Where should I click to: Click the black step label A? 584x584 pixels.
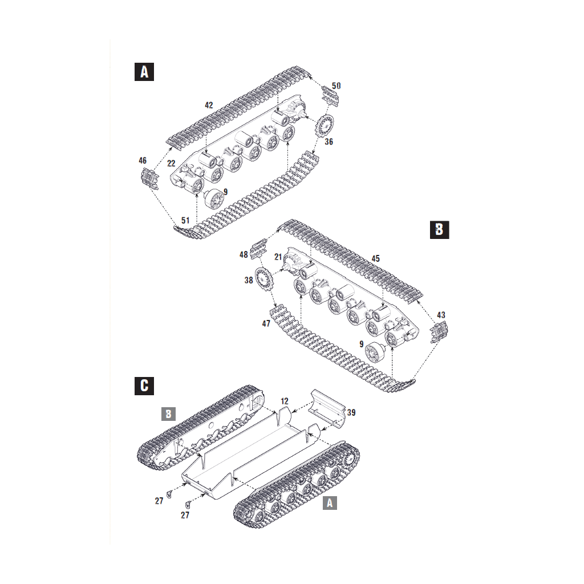coord(144,71)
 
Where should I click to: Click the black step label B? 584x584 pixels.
coord(440,229)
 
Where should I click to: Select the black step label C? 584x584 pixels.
coord(144,386)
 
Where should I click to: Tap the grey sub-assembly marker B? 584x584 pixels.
coord(168,414)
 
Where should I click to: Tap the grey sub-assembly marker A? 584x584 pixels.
coord(330,503)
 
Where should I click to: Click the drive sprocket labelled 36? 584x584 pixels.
coord(325,127)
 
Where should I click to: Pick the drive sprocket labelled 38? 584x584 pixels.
coord(264,279)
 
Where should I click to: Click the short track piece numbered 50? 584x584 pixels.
coord(331,96)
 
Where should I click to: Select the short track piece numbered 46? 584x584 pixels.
coord(150,179)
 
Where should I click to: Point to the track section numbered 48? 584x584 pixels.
coord(259,249)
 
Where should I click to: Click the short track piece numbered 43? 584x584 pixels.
coord(439,332)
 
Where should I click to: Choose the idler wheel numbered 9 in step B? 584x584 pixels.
coord(375,352)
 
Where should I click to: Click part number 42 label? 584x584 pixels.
coord(209,106)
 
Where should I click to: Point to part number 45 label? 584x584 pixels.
coord(375,258)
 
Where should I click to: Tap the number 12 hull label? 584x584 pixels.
coord(285,401)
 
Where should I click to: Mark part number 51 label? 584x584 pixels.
coord(185,221)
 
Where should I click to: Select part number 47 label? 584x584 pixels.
coord(266,324)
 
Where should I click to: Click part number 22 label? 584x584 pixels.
coord(171,163)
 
